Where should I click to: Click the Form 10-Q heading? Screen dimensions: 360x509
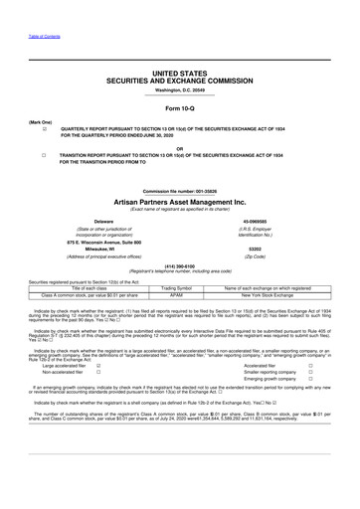click(x=179, y=106)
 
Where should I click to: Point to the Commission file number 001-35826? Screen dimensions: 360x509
click(x=179, y=189)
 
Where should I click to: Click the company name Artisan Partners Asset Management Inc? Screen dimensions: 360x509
click(x=179, y=200)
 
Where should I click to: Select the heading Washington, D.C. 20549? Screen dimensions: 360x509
click(x=179, y=91)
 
